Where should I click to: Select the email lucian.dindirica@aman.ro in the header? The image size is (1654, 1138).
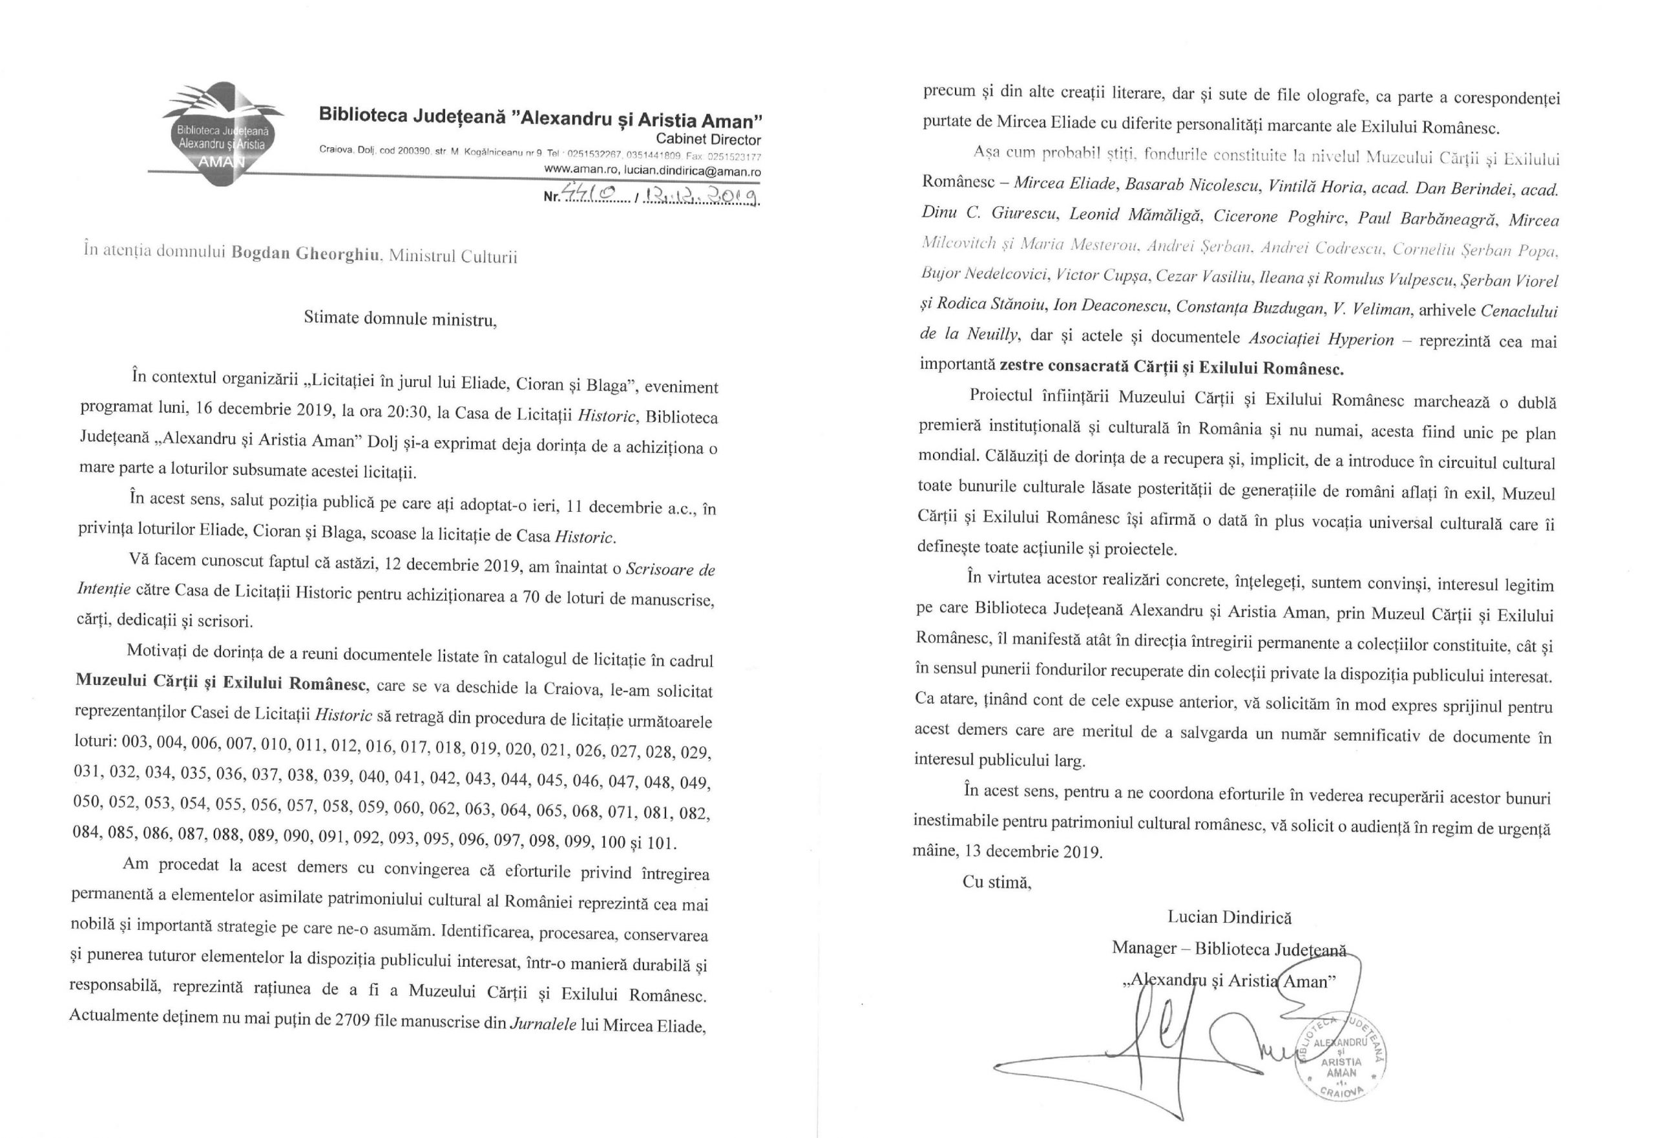point(691,172)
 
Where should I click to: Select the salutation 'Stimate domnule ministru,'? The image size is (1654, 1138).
point(400,319)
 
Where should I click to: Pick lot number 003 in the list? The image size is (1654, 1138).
point(136,743)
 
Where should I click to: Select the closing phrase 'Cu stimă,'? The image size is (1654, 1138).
point(997,881)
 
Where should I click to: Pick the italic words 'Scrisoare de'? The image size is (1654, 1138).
point(669,568)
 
